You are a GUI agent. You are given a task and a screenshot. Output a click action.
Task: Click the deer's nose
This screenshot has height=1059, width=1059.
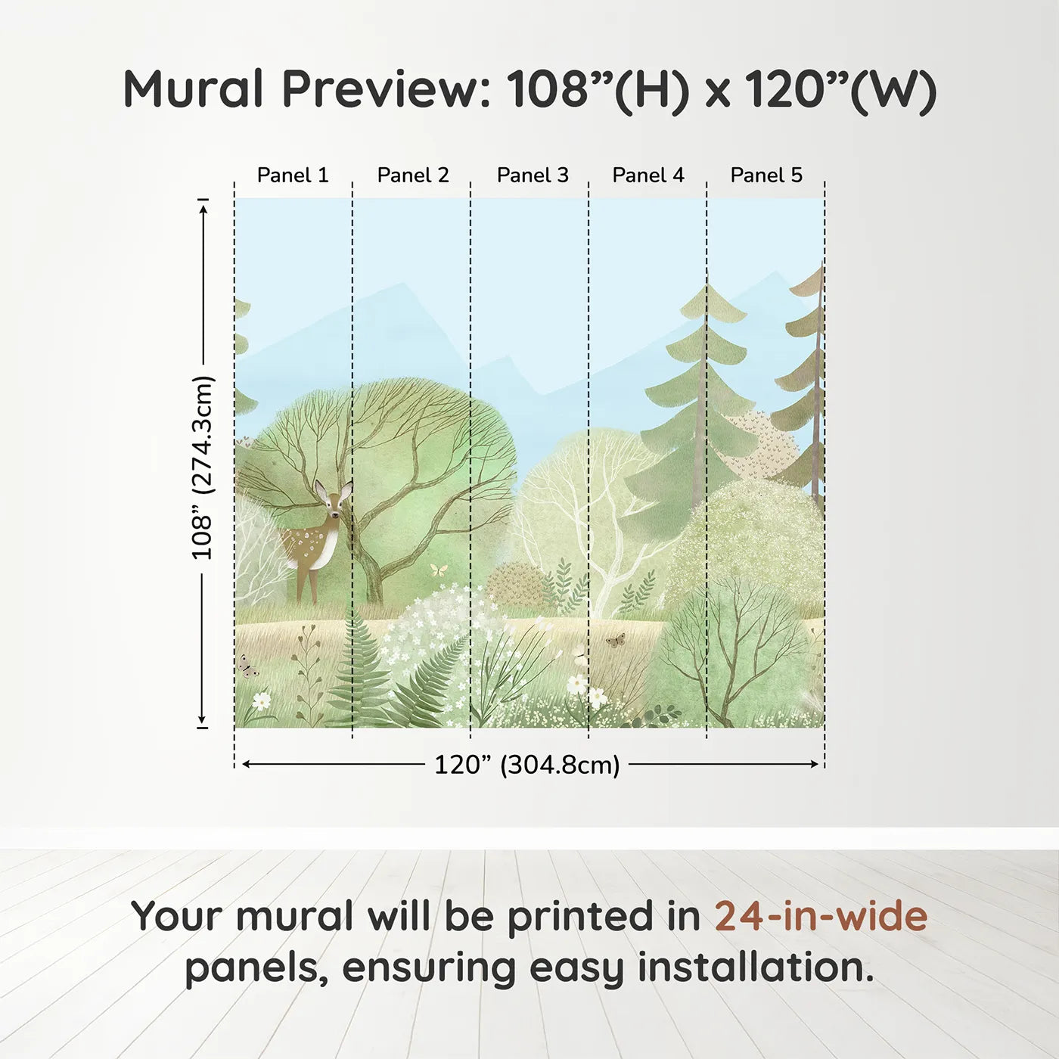point(334,515)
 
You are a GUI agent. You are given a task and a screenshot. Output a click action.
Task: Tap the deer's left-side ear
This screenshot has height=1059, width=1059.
point(320,488)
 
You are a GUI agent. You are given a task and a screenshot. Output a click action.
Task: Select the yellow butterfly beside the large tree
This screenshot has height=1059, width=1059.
point(439,570)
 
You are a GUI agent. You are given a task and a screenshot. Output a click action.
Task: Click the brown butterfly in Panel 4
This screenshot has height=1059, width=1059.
point(616,640)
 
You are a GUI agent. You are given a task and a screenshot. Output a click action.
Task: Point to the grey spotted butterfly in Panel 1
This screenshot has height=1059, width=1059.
point(248,667)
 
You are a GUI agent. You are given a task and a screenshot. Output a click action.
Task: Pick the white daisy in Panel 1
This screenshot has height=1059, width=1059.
point(262,700)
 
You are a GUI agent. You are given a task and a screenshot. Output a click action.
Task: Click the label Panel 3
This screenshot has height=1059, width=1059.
point(533,175)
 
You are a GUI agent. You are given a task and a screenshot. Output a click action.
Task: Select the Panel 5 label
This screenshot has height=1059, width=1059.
point(766,175)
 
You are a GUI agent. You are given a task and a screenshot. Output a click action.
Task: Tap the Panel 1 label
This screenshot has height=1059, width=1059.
point(293,175)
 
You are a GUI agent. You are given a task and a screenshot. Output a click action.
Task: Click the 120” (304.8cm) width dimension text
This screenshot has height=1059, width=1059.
point(527,765)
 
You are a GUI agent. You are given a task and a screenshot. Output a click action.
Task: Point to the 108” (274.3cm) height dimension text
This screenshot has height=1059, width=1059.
point(202,468)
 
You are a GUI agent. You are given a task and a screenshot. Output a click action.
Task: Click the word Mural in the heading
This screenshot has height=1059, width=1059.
point(194,89)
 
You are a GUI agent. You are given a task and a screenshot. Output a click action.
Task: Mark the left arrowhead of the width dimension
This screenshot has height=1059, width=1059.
point(247,764)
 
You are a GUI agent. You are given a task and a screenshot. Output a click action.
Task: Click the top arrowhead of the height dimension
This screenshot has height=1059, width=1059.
point(203,210)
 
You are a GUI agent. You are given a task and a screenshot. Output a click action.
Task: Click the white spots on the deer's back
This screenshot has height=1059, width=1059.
point(310,539)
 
